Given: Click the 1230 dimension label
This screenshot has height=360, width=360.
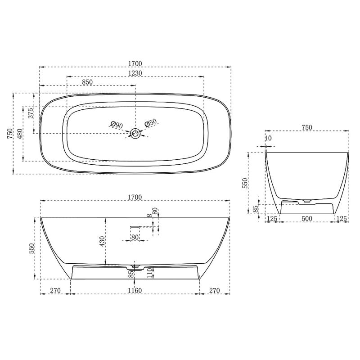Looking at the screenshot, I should point(135,73).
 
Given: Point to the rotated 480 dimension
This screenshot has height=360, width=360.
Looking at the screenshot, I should point(19,134).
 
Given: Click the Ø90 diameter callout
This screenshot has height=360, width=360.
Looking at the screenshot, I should point(117,125).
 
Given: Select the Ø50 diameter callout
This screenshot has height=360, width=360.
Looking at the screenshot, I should point(150,123).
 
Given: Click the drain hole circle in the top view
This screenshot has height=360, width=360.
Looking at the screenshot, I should point(135,133).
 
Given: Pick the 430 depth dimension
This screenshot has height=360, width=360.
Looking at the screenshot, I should point(102,242).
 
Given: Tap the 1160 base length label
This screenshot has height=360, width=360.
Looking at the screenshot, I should point(135,291).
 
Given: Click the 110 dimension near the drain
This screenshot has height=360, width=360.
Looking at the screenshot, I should point(150,271).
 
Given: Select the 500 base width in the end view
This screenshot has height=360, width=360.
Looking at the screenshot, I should point(307,219).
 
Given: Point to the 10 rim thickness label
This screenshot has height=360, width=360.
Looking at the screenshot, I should point(269,138).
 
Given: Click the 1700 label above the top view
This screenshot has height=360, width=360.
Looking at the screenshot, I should point(135,63).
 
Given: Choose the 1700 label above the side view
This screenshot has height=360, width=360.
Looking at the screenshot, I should point(135,197).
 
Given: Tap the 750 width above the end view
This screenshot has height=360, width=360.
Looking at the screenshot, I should point(306,127).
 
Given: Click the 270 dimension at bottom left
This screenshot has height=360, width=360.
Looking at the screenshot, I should point(55,291).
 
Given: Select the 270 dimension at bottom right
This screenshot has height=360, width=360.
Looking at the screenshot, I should point(214,291).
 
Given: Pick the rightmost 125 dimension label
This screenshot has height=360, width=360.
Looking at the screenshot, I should point(342,219).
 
